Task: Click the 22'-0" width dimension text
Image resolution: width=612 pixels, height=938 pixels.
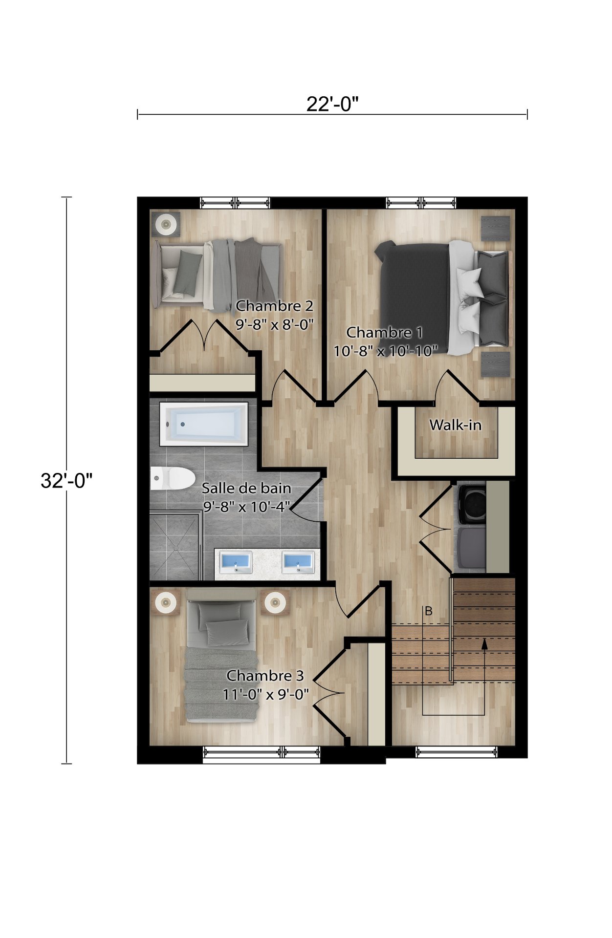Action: [x=332, y=104]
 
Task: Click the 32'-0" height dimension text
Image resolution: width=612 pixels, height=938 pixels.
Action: [x=66, y=481]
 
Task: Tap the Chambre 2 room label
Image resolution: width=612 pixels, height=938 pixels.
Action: [x=274, y=306]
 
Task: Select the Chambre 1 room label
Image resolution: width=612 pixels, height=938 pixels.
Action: [x=384, y=333]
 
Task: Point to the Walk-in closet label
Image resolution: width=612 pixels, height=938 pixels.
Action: [x=455, y=425]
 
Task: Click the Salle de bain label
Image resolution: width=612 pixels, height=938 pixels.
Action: [x=246, y=488]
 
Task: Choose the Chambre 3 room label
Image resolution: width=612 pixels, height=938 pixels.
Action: [x=265, y=676]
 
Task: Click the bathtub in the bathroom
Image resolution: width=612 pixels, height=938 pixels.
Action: [x=204, y=424]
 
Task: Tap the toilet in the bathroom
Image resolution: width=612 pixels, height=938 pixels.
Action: [x=171, y=478]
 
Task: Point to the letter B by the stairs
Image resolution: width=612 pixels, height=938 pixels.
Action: [x=429, y=611]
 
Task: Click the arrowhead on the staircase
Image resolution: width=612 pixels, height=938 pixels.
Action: [x=484, y=643]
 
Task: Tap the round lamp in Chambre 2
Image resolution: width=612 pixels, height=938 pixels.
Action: [x=166, y=224]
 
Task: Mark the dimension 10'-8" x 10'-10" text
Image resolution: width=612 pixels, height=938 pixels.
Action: [x=385, y=351]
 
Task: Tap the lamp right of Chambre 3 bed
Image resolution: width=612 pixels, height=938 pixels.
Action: [x=275, y=603]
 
